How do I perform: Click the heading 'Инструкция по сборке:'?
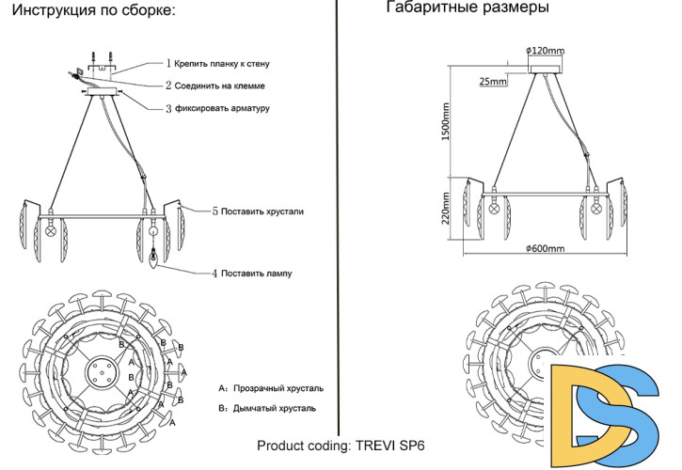coord(90,11)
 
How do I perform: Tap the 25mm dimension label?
coord(493,83)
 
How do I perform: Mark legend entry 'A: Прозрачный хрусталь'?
coord(271,387)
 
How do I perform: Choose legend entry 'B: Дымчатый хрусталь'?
coord(267,408)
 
